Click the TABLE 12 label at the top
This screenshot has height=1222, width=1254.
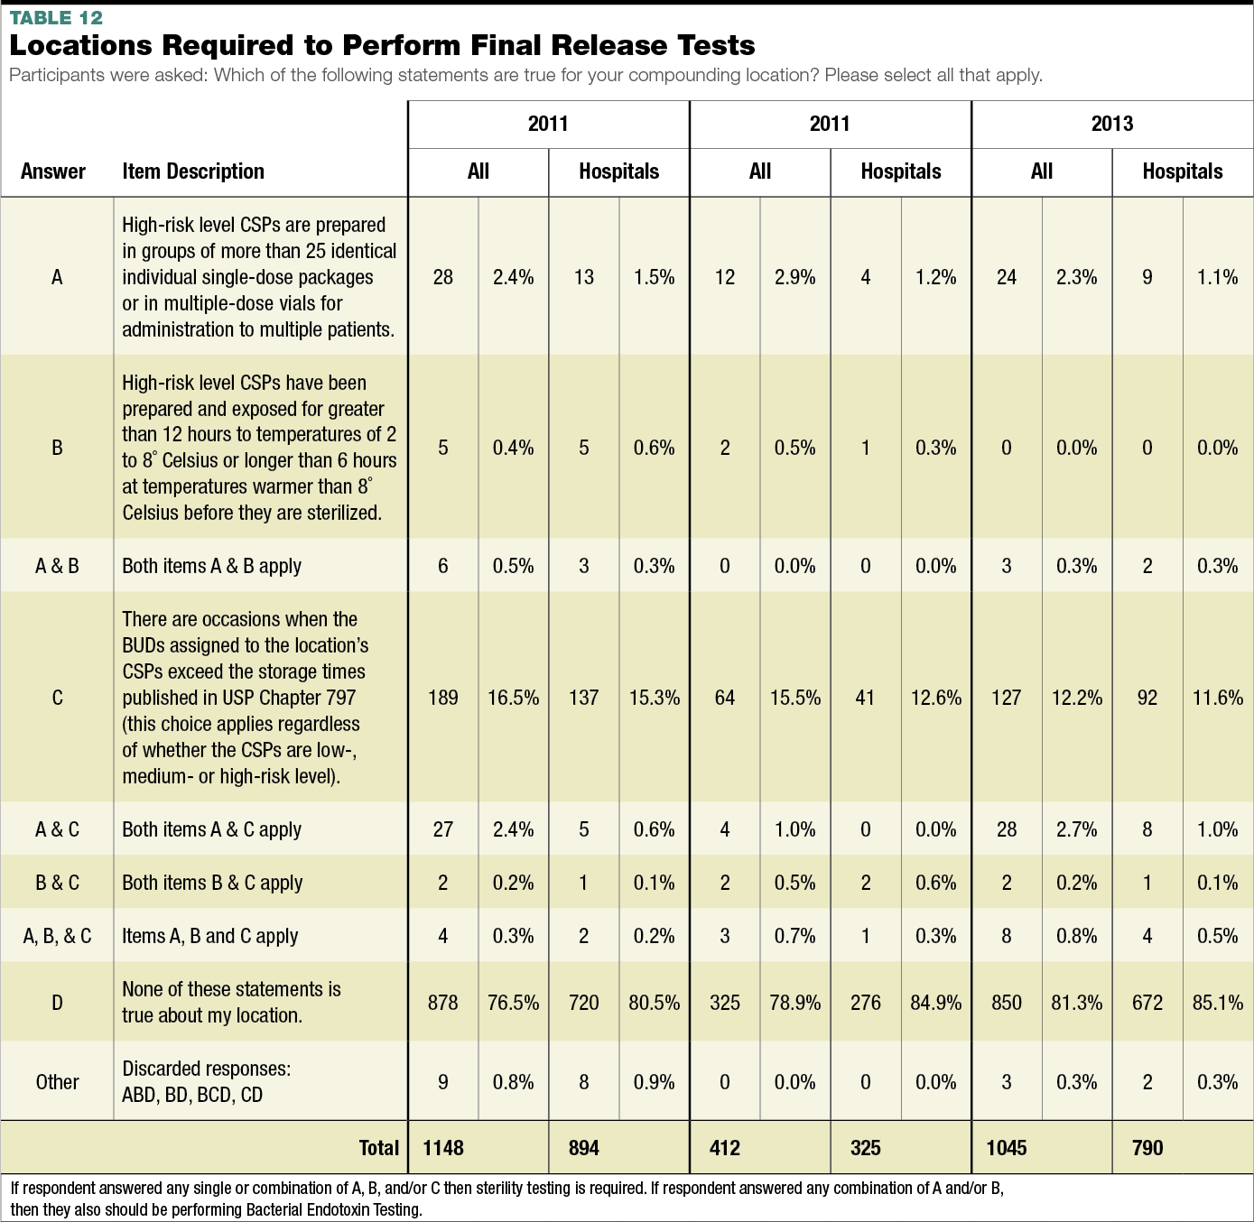[56, 18]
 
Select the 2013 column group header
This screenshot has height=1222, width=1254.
[1111, 124]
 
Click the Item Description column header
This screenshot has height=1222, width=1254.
[193, 171]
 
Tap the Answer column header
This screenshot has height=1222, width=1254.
[53, 171]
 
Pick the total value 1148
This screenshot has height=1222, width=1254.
[443, 1148]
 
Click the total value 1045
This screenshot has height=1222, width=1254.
[1007, 1148]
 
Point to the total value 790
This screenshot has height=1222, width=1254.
[1147, 1148]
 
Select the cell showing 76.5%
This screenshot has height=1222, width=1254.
[513, 1003]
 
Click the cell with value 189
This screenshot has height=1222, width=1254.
[443, 698]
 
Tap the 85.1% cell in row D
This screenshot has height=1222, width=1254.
[1217, 1003]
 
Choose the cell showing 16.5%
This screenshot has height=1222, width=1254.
[513, 698]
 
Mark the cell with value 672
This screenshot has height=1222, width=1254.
[1147, 1003]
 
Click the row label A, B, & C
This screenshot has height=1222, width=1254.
[57, 936]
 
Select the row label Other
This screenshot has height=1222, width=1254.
[57, 1082]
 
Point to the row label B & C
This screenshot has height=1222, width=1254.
[57, 883]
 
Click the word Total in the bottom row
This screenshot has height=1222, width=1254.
[379, 1148]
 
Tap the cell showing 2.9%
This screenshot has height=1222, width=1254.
[794, 277]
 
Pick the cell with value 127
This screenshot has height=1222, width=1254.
[1007, 698]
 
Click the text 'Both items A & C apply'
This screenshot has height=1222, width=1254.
[212, 829]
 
